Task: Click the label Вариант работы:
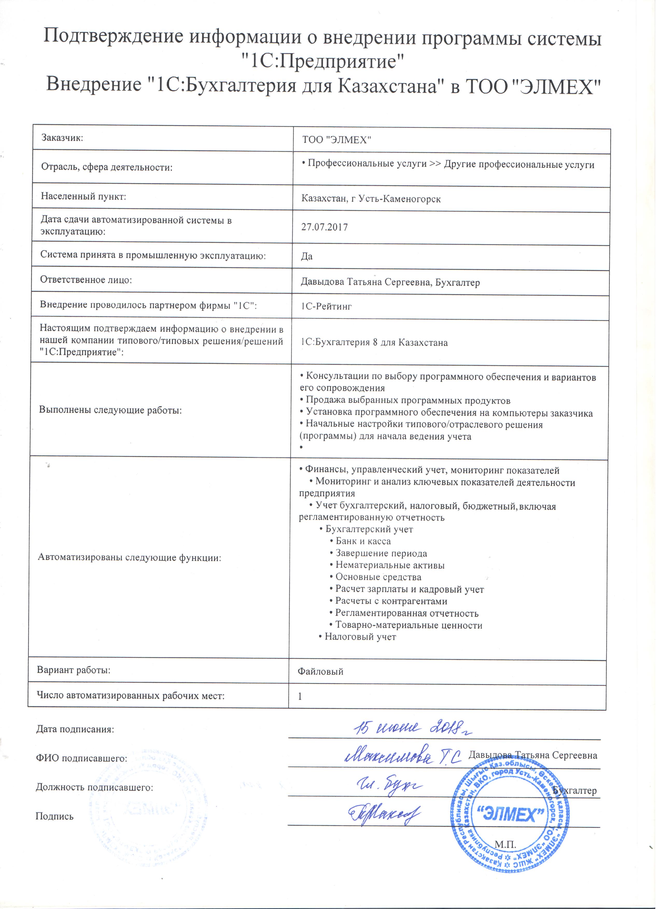point(74,675)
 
